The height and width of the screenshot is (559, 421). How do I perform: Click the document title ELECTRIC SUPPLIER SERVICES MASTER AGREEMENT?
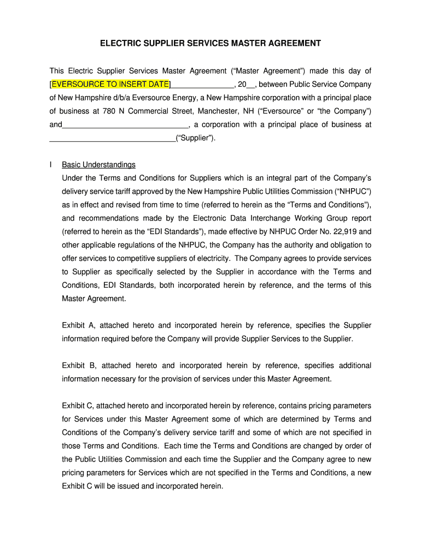point(210,43)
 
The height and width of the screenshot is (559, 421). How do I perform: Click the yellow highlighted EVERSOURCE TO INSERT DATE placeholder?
point(110,84)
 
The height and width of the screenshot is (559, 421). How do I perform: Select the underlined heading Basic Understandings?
point(98,165)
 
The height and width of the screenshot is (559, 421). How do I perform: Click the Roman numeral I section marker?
point(51,165)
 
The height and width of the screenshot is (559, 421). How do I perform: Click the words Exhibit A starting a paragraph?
point(79,325)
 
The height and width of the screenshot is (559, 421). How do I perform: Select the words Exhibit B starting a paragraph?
point(79,366)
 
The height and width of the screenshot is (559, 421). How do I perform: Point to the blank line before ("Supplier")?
point(112,138)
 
